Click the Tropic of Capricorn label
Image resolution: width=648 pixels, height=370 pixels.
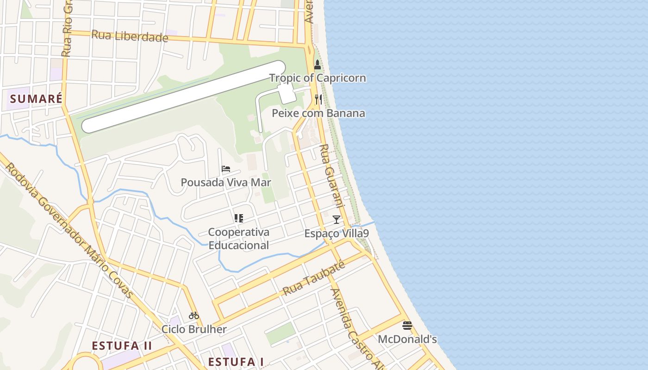tap(318, 78)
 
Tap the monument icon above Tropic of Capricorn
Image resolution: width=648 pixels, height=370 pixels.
tap(317, 65)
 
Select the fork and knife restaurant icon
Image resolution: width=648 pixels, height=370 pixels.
tap(318, 99)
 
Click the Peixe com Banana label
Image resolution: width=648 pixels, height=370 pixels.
tap(318, 113)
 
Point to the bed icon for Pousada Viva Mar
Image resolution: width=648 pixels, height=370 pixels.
tap(226, 169)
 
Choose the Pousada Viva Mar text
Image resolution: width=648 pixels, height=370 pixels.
tap(226, 183)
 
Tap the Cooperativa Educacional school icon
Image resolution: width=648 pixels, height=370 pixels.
tap(239, 218)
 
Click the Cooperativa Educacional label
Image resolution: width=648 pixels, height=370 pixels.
tap(239, 239)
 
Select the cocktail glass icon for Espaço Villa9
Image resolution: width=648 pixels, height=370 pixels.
tap(336, 220)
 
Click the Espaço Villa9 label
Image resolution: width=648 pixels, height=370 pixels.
tap(336, 234)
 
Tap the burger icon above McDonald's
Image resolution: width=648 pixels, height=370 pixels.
tap(407, 326)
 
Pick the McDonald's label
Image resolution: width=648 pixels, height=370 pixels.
tap(407, 339)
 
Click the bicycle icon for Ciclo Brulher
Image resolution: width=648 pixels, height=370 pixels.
tap(194, 316)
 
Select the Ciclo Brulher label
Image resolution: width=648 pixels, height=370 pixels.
tap(194, 330)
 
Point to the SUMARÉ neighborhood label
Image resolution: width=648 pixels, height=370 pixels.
tap(36, 99)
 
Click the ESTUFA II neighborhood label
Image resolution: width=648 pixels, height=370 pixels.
tap(122, 346)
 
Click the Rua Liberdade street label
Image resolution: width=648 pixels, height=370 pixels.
tap(130, 36)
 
